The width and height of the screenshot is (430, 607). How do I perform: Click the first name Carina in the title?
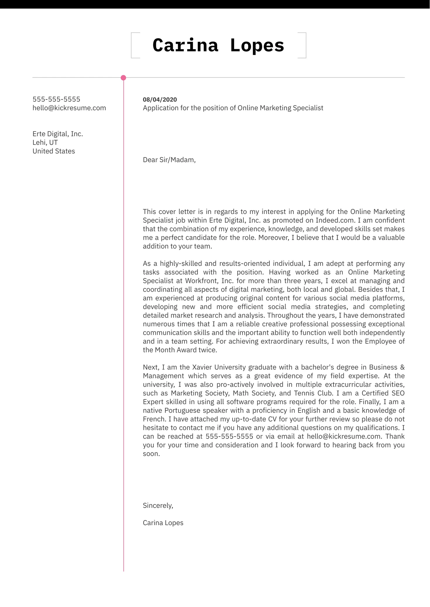click(x=185, y=46)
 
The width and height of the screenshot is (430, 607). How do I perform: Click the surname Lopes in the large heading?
click(x=257, y=46)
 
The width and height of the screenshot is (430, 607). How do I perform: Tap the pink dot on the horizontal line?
click(x=123, y=78)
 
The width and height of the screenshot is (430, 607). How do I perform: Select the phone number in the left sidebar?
click(x=56, y=99)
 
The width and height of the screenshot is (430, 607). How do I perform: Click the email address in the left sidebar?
click(x=69, y=108)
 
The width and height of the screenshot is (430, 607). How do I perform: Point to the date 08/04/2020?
click(x=160, y=99)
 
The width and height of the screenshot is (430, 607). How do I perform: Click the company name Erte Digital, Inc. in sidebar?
click(x=58, y=134)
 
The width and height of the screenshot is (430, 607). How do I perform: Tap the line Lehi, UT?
click(x=45, y=143)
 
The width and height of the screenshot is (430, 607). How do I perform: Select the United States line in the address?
click(x=54, y=151)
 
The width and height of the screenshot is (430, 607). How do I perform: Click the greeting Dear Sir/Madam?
click(x=169, y=160)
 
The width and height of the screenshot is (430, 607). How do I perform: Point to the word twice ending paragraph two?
click(x=208, y=350)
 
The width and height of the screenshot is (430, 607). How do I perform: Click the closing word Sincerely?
click(x=158, y=506)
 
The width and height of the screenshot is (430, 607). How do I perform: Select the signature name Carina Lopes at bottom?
click(x=163, y=523)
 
